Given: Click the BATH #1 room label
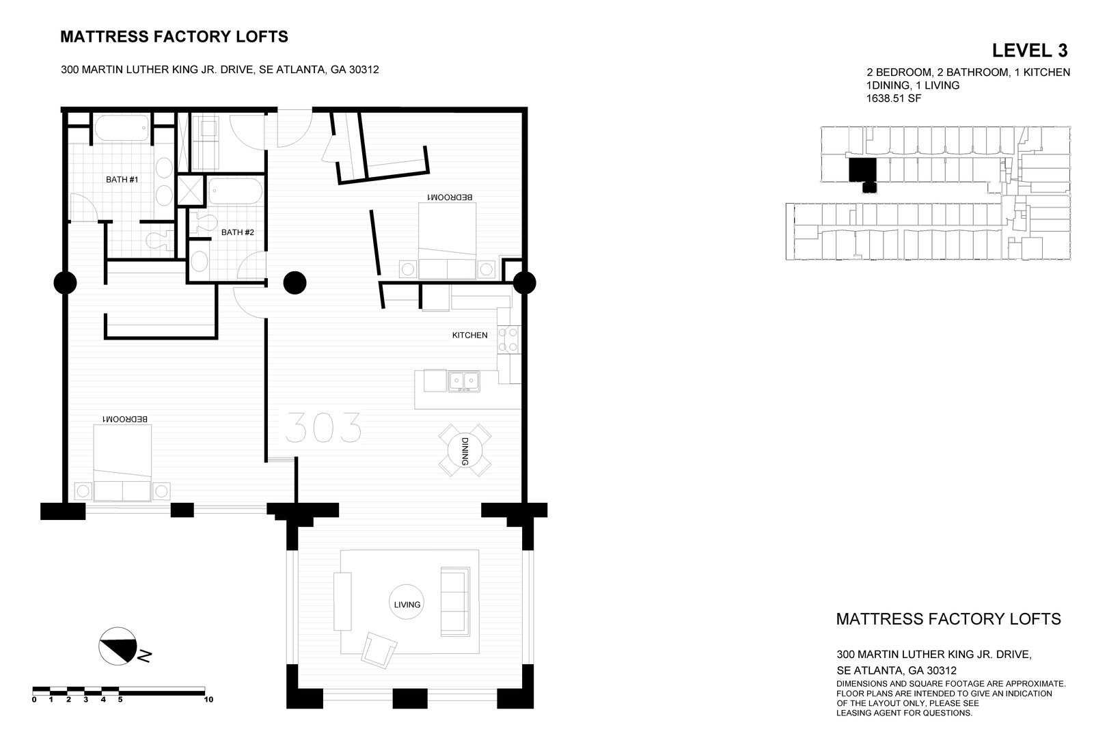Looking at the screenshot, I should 122,180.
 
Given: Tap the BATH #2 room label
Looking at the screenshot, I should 237,232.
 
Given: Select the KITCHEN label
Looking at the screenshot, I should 469,336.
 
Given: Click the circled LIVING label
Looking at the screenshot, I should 407,605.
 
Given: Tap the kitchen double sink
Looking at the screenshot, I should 464,381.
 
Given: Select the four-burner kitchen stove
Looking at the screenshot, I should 508,340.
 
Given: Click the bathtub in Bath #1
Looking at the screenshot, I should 120,129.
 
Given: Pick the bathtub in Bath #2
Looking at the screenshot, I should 234,191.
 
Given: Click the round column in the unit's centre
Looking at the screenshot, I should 295,282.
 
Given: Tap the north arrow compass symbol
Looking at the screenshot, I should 117,645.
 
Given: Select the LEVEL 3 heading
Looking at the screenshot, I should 1029,50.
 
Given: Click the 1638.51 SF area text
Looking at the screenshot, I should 894,98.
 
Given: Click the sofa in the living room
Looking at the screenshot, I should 455,601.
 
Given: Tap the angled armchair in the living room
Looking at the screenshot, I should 379,649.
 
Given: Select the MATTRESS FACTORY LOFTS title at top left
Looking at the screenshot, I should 174,37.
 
